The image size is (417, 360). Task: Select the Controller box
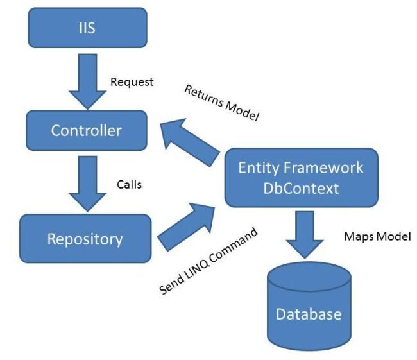coord(86,130)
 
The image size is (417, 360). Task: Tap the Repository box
coord(85,239)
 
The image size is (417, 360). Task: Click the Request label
coord(132,82)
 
